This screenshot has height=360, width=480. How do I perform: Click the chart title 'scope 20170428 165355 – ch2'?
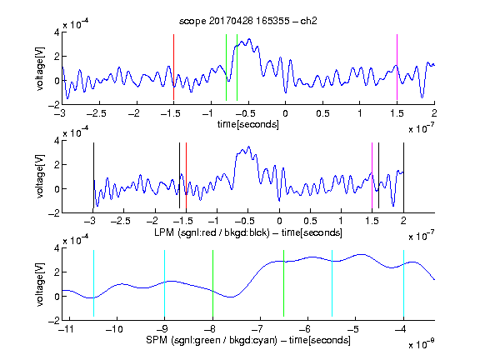[248, 21]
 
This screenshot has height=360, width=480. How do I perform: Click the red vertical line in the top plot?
[173, 67]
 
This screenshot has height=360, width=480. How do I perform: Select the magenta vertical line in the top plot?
[397, 67]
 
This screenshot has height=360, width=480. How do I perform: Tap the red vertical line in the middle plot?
[186, 175]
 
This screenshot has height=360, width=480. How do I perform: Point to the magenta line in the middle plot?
[372, 175]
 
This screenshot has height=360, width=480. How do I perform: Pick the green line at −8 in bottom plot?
[212, 283]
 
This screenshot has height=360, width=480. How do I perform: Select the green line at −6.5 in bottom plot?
[284, 283]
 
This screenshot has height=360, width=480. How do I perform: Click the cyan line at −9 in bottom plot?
[164, 283]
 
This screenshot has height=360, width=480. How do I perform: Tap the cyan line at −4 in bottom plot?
[403, 283]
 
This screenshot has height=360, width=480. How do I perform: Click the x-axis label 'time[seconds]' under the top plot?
[248, 124]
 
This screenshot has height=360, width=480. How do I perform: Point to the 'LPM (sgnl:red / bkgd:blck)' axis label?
[212, 232]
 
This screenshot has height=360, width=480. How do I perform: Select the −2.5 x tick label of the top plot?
[96, 113]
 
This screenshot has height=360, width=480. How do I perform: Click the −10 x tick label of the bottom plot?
[114, 329]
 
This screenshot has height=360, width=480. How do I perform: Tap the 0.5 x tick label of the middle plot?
[310, 221]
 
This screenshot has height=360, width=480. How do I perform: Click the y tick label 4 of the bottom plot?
[57, 248]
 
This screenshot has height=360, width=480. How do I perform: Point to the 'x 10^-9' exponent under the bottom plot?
[421, 344]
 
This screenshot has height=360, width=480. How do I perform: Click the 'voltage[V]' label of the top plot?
[40, 68]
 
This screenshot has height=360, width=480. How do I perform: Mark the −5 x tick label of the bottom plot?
[355, 329]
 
